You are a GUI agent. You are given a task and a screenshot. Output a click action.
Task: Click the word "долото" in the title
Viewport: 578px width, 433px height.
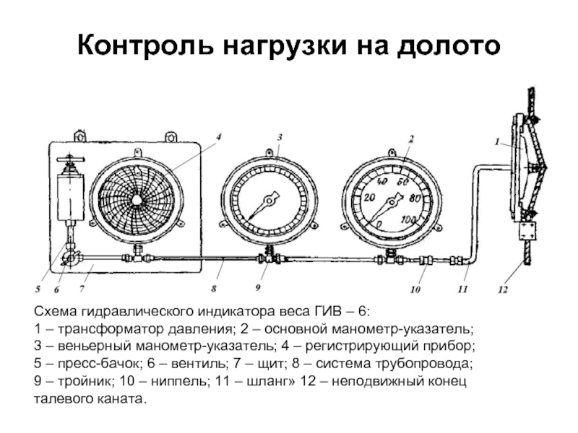(x=448, y=45)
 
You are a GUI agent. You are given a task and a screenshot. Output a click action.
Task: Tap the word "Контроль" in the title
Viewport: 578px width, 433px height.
(x=145, y=45)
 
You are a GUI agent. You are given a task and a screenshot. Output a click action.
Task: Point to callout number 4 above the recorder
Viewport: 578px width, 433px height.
(x=218, y=137)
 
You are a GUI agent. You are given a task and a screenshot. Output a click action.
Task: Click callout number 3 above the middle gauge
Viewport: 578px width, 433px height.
(x=280, y=137)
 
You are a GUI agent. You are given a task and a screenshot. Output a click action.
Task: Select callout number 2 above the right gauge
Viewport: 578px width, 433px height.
(x=411, y=139)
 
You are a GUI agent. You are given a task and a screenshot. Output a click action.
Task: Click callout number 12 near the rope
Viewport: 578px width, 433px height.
(x=503, y=290)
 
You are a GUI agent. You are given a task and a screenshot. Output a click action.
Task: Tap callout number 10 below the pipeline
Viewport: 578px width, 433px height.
(x=415, y=290)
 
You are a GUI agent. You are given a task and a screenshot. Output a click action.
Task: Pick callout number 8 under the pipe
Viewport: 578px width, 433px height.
(x=214, y=289)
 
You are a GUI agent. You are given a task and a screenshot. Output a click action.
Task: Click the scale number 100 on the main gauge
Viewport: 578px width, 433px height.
(x=408, y=220)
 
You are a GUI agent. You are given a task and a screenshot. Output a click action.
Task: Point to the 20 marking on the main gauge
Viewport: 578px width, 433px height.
(x=369, y=198)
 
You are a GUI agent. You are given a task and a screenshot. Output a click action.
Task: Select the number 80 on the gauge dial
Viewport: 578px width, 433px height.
(x=415, y=198)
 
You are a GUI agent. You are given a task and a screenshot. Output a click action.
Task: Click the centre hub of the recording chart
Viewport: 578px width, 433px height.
(x=137, y=199)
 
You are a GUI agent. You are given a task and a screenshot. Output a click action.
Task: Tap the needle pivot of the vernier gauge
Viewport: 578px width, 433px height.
(x=269, y=201)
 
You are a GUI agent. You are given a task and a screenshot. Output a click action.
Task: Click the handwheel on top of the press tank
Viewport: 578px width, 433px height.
(x=71, y=159)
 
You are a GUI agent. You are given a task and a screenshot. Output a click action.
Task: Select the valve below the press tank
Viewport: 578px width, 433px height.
(x=70, y=259)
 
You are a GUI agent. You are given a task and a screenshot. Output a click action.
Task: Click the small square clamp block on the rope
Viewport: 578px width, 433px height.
(x=528, y=230)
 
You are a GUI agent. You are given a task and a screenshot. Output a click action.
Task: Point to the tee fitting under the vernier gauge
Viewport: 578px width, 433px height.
(x=269, y=256)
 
